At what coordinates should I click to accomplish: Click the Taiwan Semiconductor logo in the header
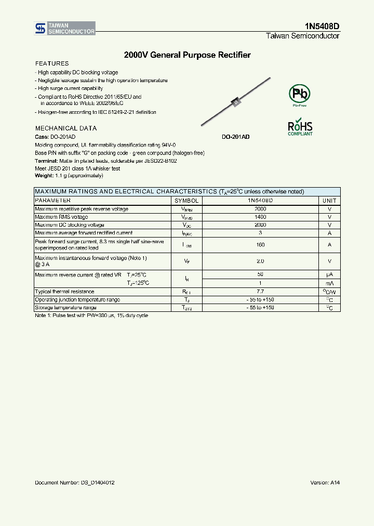coord(65,29)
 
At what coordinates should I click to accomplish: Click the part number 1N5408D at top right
coord(322,25)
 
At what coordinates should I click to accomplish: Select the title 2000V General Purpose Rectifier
coord(187,55)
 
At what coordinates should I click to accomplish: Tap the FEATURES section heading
coord(52,63)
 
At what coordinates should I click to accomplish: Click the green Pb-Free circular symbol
coord(299,94)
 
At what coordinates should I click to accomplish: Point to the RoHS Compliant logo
coord(300,128)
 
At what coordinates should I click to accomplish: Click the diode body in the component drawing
coord(235,102)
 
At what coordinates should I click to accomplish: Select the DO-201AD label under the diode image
coord(235,137)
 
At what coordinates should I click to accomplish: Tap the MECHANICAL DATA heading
coord(66,128)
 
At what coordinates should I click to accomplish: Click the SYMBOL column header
coord(186,200)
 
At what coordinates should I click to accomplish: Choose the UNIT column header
coord(329,200)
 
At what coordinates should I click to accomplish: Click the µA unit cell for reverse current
coord(329,274)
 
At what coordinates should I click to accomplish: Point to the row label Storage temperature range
coord(65,308)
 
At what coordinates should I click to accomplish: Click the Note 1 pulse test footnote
coord(91,315)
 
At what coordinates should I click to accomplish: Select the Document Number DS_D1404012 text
coord(75,482)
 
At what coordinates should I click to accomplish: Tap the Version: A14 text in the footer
coord(325,482)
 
